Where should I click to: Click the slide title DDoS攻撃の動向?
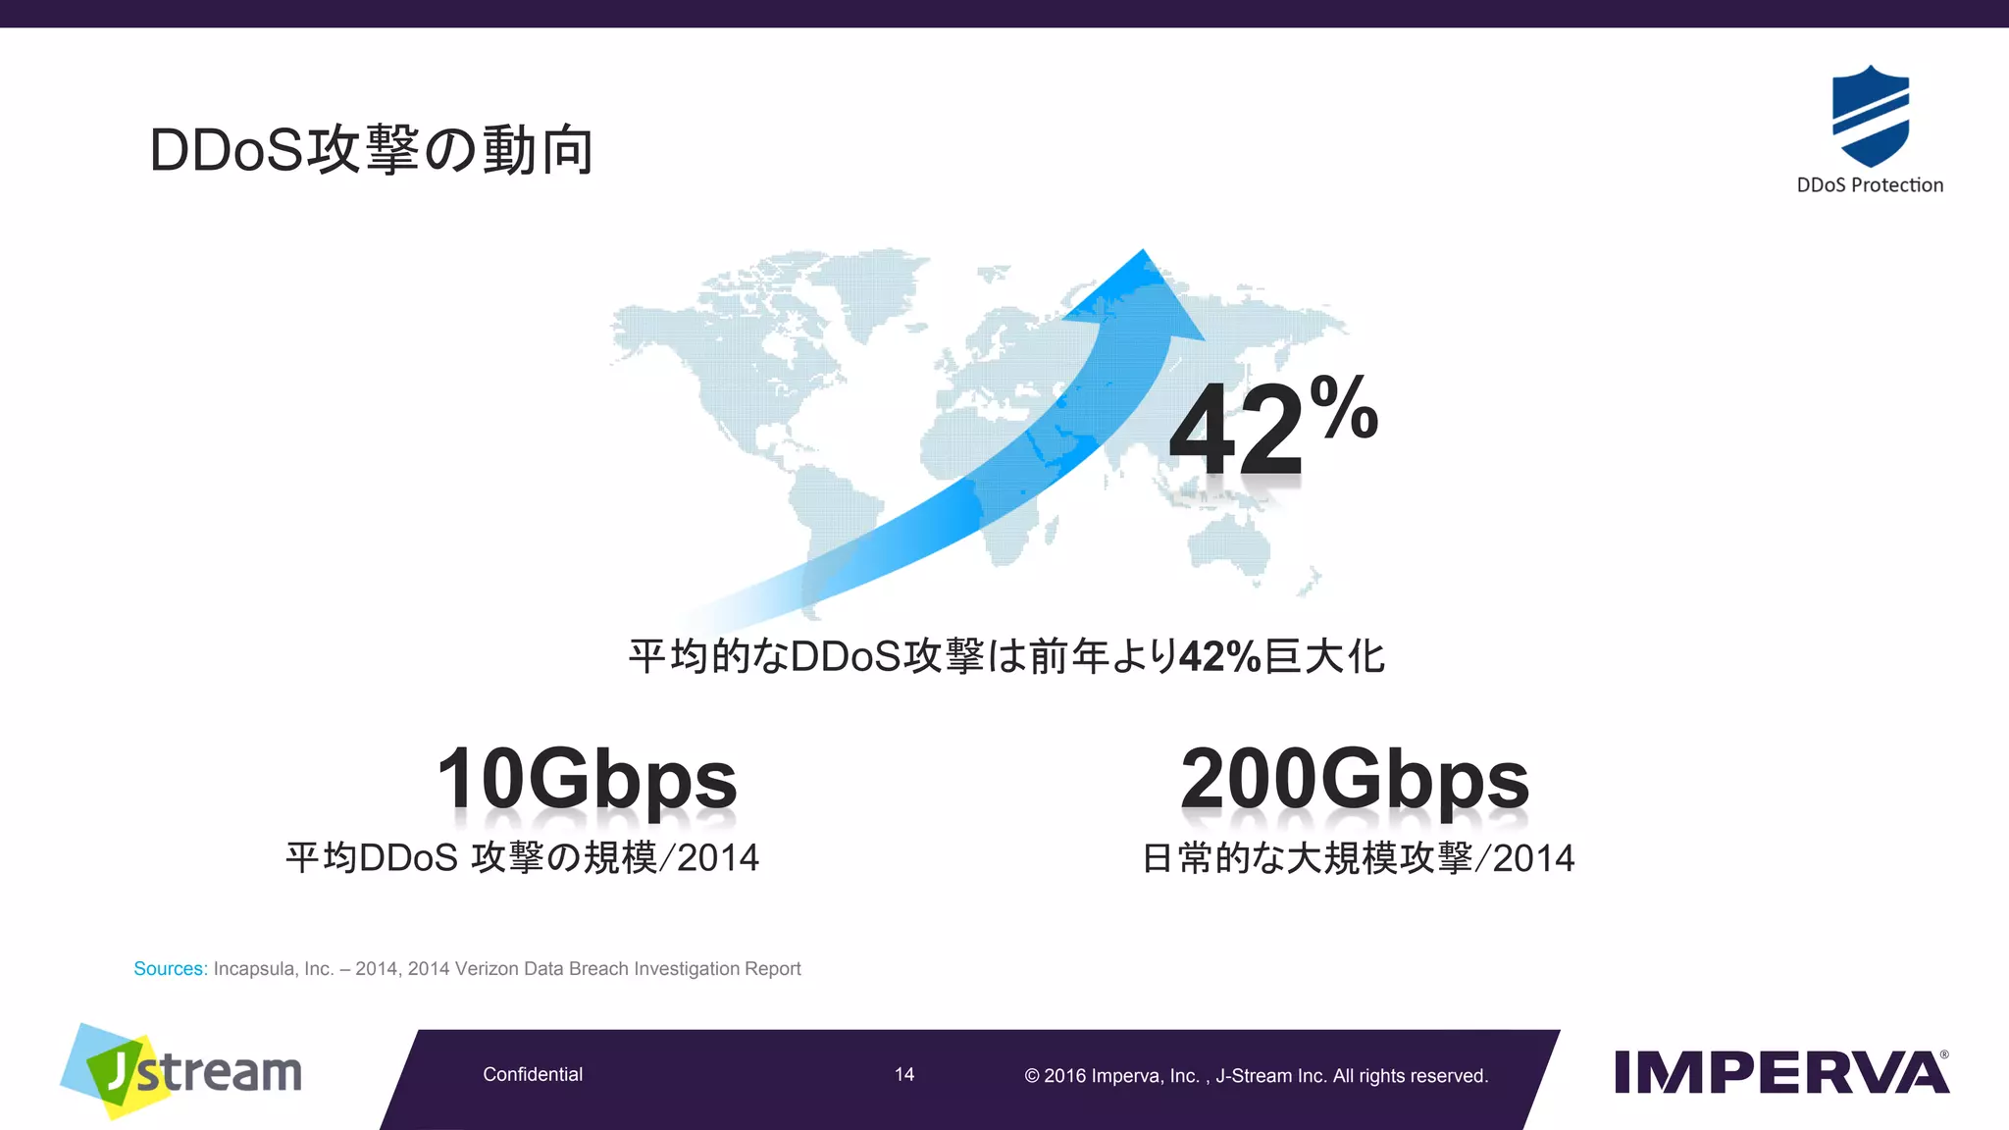tap(371, 150)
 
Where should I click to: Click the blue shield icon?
tap(1870, 116)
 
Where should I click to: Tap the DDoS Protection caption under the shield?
tap(1870, 185)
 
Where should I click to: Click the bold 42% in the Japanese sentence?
tap(1219, 656)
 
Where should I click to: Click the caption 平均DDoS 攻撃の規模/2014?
tap(522, 858)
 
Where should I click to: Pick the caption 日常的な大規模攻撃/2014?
tap(1359, 858)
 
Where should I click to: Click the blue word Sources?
tap(170, 969)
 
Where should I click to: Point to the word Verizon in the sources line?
tap(487, 969)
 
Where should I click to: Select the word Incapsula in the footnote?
tap(253, 969)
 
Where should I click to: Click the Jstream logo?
tap(182, 1071)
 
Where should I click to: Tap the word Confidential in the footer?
tap(533, 1075)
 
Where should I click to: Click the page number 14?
tap(904, 1075)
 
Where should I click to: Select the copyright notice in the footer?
tap(1256, 1076)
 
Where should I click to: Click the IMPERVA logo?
tap(1781, 1072)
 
